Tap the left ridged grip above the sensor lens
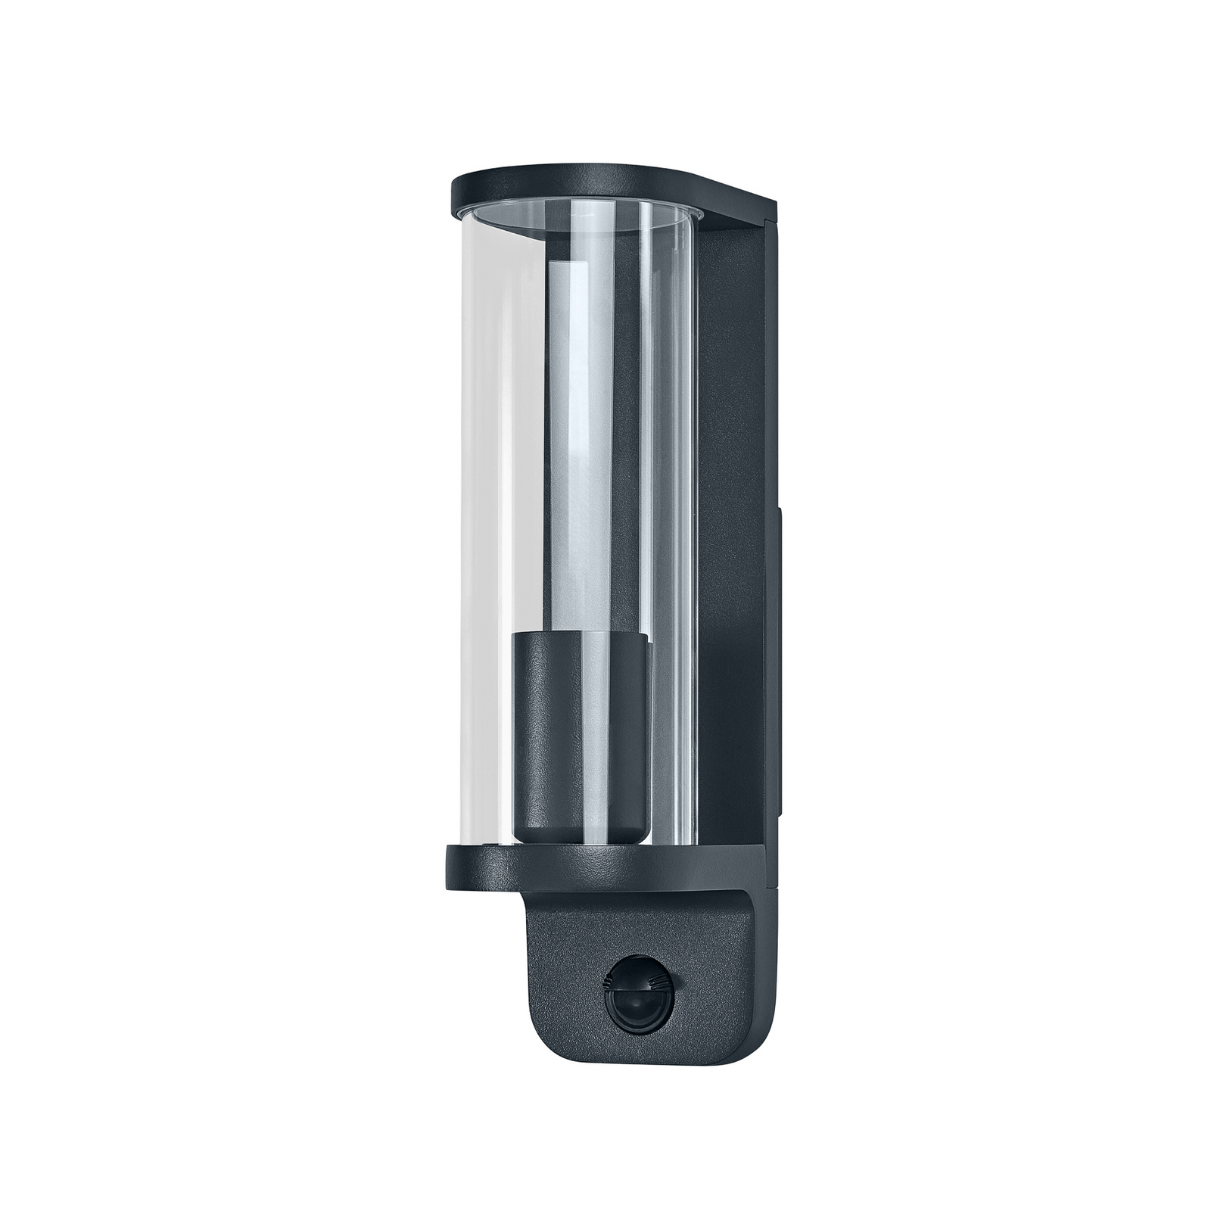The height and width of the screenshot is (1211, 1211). [608, 982]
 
